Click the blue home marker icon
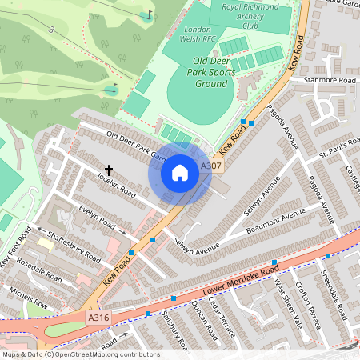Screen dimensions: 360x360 click(x=180, y=172)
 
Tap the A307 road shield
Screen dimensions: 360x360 click(x=211, y=166)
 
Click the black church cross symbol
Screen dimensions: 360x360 click(x=108, y=170)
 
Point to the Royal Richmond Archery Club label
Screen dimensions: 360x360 click(x=252, y=17)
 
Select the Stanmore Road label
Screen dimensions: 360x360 click(x=322, y=81)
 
